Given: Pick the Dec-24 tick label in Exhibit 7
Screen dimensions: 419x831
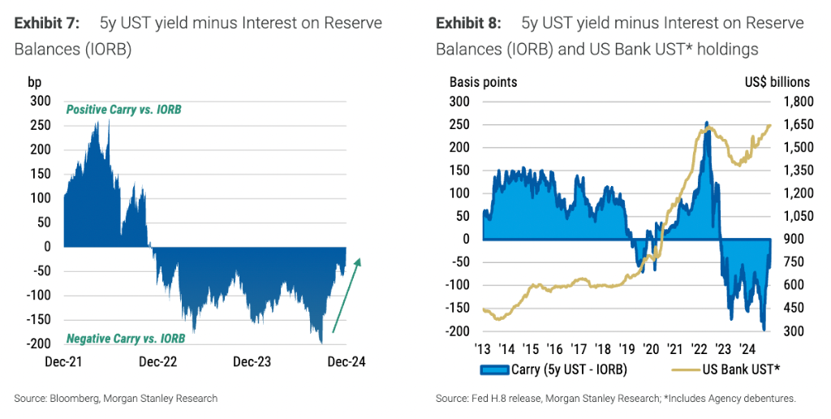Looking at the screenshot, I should (347, 362).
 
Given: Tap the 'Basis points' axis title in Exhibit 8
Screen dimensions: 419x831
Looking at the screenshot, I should (483, 81).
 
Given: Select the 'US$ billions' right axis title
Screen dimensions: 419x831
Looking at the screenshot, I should (776, 81).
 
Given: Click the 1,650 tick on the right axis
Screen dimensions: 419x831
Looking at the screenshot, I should (797, 124).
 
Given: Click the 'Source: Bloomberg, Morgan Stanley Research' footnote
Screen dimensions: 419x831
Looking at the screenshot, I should (115, 398).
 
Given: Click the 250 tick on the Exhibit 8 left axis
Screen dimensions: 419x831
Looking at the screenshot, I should (459, 124).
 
